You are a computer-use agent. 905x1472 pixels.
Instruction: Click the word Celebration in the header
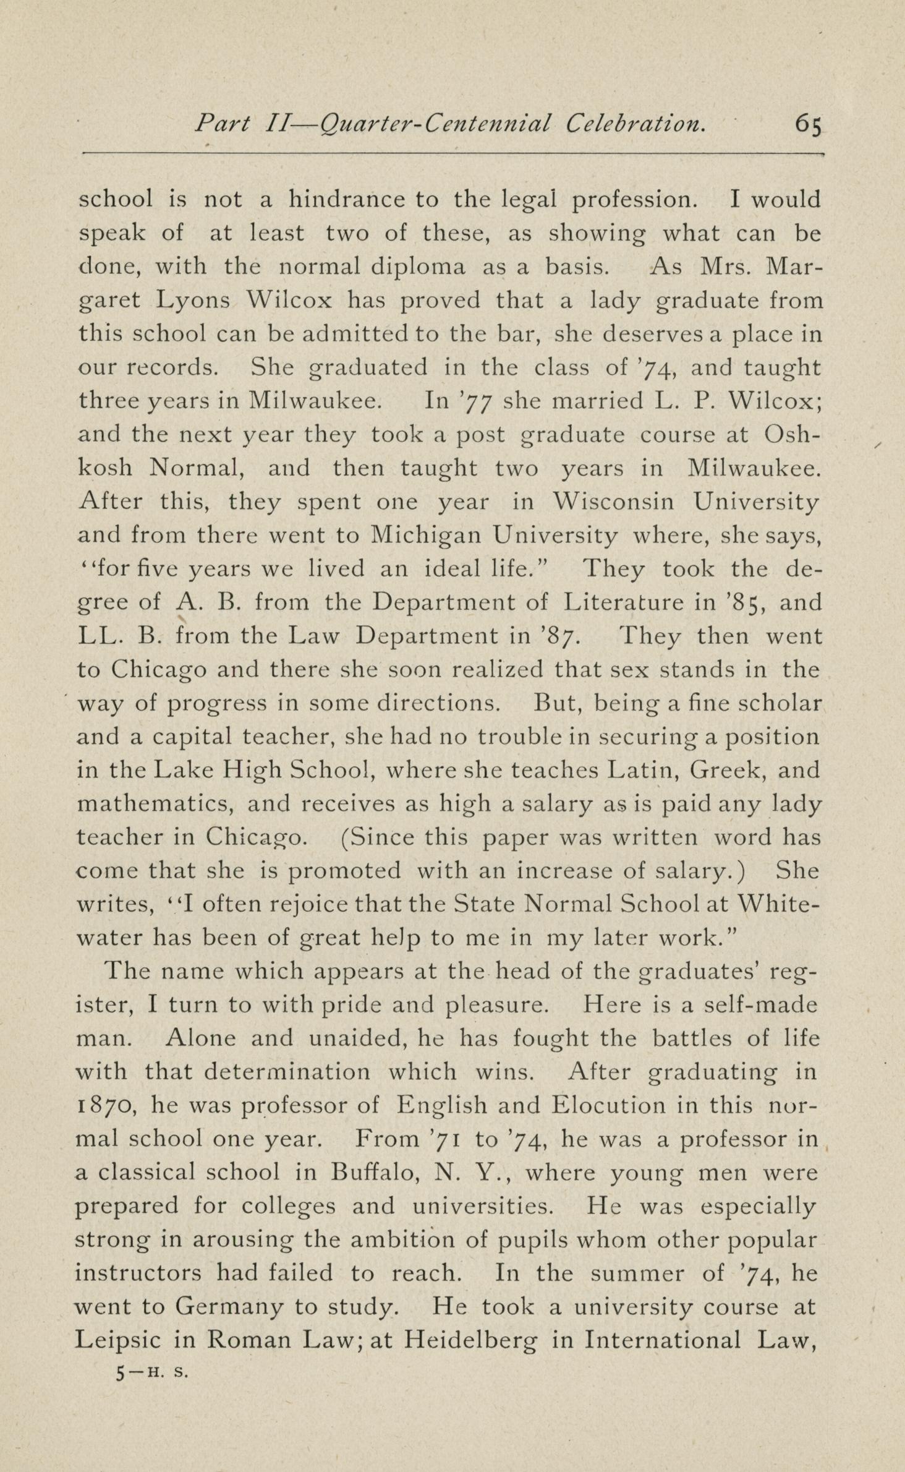(635, 124)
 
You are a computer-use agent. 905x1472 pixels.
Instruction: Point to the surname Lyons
(193, 301)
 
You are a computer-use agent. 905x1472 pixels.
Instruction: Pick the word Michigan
(425, 535)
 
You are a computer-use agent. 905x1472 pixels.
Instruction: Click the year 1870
(105, 1105)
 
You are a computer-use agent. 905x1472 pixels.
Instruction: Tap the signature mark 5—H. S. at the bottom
(151, 1372)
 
